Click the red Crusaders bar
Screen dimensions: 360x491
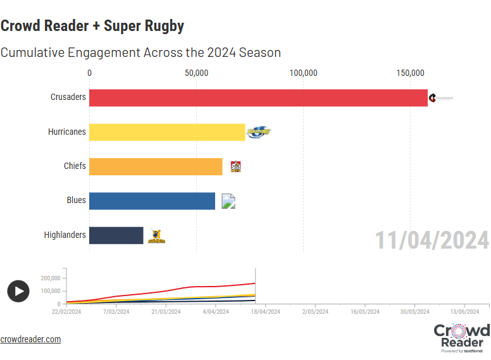tap(258, 97)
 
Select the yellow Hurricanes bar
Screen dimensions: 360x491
tap(167, 132)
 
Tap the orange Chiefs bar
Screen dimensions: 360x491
tap(156, 166)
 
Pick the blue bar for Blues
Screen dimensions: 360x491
tap(152, 201)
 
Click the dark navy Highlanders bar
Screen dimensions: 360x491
tap(116, 235)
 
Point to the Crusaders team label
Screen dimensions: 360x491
tap(68, 97)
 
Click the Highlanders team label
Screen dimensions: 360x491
tap(65, 235)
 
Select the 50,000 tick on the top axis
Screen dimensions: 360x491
tap(197, 73)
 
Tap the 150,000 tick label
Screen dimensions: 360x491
tap(411, 73)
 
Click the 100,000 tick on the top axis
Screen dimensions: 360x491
tap(304, 73)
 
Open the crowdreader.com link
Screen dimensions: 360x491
tap(30, 339)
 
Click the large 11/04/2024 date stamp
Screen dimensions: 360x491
tap(432, 240)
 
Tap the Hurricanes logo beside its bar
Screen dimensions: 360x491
tap(258, 132)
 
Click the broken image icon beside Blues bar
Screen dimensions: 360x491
tap(228, 201)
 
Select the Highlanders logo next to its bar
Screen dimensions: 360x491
tap(156, 236)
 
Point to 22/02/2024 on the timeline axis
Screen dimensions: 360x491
tap(66, 311)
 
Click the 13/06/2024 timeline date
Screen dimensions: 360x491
tap(464, 311)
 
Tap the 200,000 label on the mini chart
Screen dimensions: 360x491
tap(50, 278)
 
